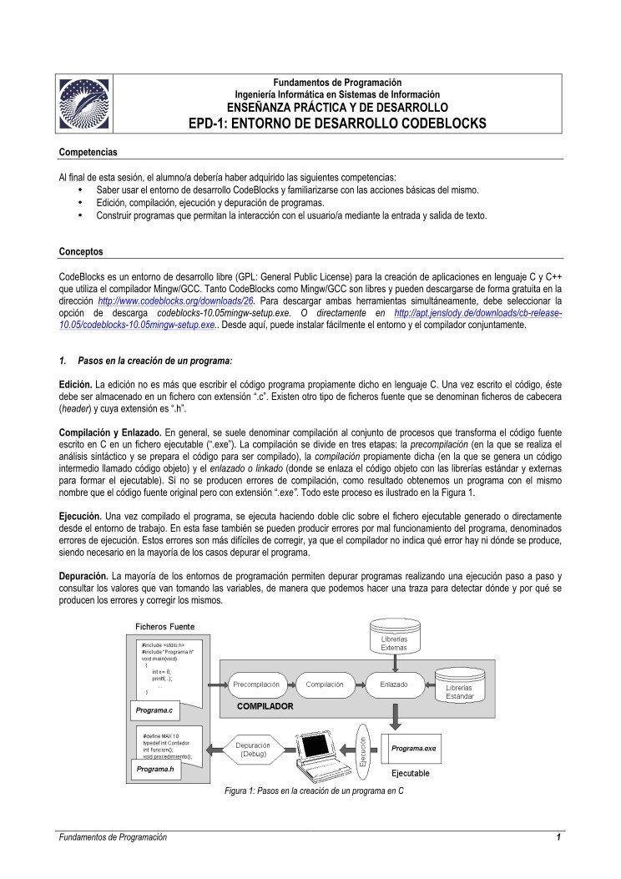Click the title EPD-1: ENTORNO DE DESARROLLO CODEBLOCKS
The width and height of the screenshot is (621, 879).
pos(337,123)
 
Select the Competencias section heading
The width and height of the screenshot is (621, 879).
pos(88,152)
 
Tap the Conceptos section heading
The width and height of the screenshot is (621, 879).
pos(81,251)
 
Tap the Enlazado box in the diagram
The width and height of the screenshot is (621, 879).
pos(393,685)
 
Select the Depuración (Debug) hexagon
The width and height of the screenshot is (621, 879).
pos(252,749)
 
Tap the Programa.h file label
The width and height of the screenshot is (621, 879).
pos(155,769)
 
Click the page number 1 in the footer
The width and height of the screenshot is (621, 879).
pos(558,837)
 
